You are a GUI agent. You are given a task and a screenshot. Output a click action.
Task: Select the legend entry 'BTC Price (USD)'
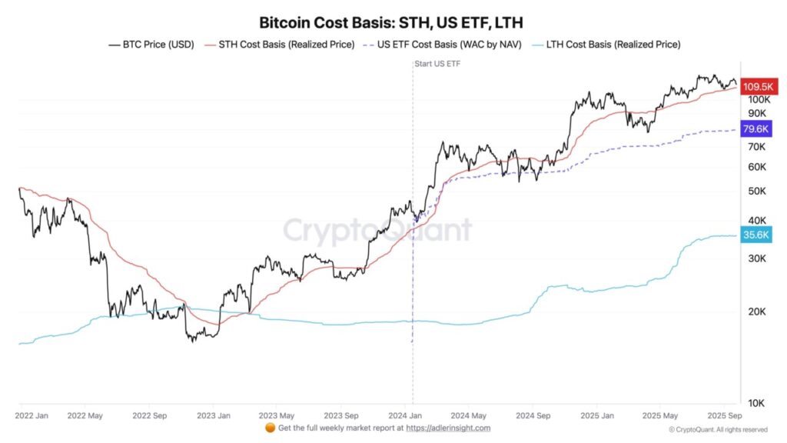[x=151, y=45]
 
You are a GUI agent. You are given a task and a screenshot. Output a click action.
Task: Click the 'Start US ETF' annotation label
[x=437, y=63]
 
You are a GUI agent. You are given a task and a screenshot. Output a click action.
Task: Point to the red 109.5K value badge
[x=755, y=87]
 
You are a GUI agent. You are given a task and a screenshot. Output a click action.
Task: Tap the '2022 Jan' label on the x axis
[x=32, y=415]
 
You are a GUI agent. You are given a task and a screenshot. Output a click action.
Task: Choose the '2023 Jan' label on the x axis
[x=215, y=415]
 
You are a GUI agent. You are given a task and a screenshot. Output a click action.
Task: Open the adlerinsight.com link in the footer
[x=447, y=428]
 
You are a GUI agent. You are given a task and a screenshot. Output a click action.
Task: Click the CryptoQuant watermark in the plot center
[x=377, y=230]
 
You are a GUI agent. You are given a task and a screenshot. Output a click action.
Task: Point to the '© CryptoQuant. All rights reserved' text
[x=717, y=429]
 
